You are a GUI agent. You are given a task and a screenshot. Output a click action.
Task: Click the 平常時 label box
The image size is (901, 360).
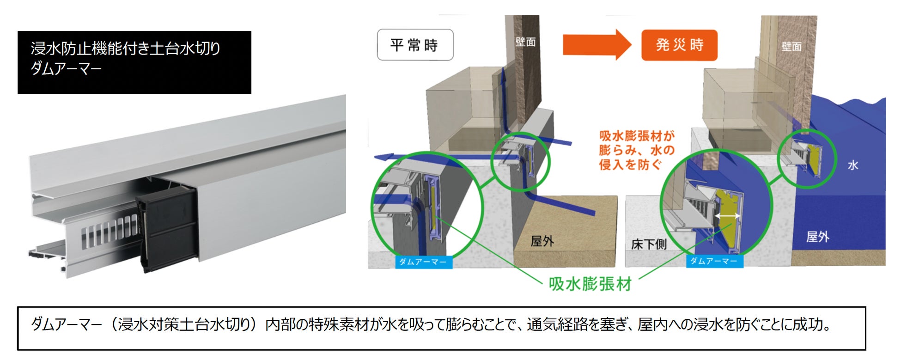[415, 45]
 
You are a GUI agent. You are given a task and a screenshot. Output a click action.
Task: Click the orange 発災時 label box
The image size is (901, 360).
[679, 45]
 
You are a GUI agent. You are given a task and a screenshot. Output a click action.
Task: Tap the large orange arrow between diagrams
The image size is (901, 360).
[597, 45]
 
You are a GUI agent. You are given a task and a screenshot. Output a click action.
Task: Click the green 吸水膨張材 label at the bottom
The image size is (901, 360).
[590, 283]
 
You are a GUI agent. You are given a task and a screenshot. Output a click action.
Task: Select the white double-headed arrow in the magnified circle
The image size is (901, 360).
[728, 216]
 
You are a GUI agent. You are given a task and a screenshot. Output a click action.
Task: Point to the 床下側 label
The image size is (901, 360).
[649, 244]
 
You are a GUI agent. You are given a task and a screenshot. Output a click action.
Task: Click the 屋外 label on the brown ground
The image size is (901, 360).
[542, 241]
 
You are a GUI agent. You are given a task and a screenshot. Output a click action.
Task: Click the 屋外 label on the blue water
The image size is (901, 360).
[817, 237]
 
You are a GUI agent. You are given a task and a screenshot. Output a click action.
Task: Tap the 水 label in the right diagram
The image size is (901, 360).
[853, 165]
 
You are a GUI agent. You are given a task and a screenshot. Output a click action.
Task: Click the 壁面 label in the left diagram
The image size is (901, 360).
[525, 42]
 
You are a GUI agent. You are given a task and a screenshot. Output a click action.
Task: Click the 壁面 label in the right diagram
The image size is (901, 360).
[791, 46]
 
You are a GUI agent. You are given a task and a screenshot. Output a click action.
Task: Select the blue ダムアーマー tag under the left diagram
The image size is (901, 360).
[423, 262]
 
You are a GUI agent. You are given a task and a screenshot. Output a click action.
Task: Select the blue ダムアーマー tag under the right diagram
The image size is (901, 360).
[714, 261]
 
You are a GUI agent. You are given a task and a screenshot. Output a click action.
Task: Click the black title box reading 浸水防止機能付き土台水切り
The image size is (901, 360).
[134, 62]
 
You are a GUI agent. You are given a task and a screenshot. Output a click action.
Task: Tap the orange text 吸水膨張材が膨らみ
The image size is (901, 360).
[637, 143]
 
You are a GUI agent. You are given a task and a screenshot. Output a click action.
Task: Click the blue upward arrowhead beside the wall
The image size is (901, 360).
[503, 74]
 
